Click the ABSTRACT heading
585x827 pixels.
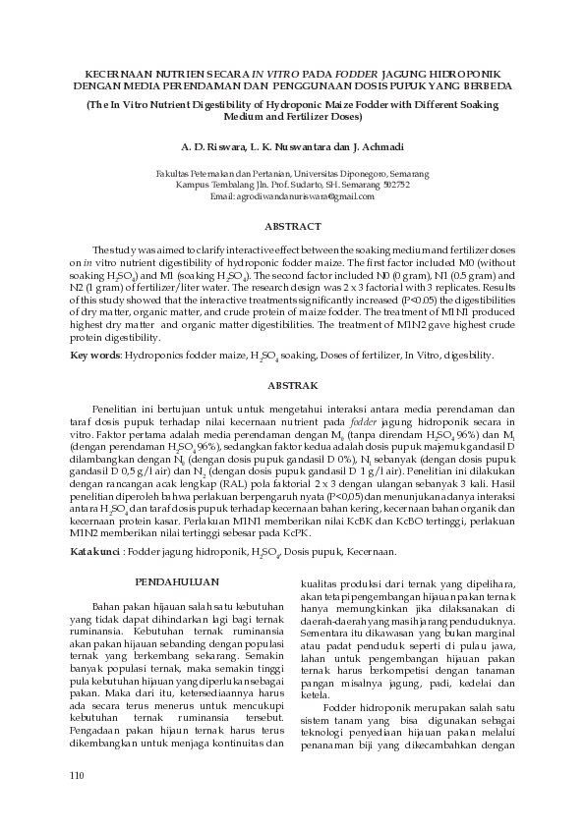[292, 226]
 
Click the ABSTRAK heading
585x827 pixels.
[292, 386]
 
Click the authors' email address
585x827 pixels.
[292, 197]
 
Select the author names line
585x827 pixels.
[292, 146]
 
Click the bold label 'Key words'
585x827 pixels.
[93, 354]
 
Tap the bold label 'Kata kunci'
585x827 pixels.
[94, 553]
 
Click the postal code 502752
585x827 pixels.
[392, 185]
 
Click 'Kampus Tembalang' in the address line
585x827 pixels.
[208, 185]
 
